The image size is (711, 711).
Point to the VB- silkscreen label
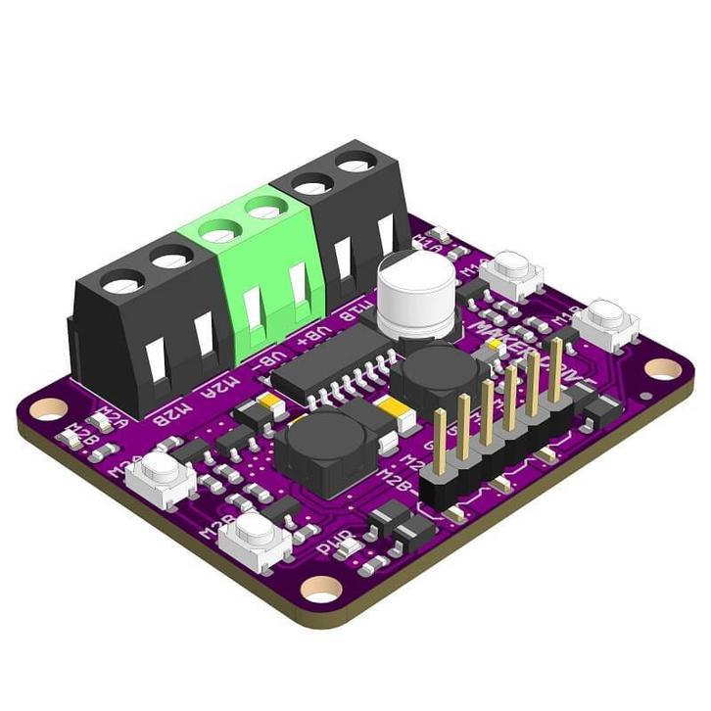275,359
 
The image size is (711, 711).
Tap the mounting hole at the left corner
48,407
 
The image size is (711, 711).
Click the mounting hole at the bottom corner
320,588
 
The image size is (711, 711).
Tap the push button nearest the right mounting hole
606,322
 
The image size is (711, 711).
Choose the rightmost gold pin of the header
556,367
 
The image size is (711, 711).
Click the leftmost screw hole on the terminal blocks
122,285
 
